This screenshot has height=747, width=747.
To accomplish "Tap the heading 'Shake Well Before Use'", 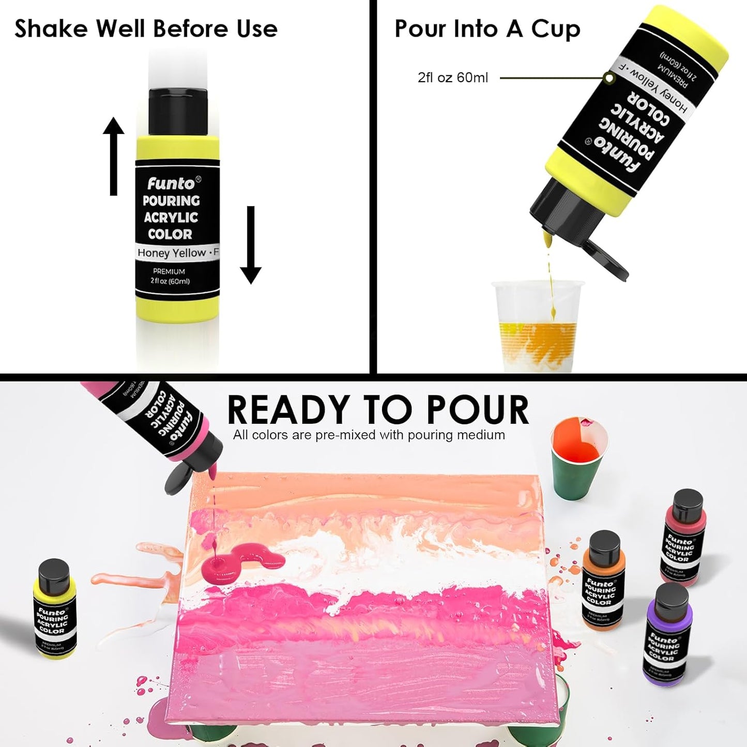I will [146, 28].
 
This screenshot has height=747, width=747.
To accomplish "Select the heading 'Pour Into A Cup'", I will [487, 29].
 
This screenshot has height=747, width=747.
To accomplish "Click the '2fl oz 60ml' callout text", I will [452, 78].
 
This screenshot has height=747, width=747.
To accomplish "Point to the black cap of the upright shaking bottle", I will [178, 111].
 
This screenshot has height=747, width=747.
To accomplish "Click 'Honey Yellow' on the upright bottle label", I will [172, 253].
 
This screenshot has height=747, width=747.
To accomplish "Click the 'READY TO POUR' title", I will [378, 410].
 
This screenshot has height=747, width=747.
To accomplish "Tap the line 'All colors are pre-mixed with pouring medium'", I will [369, 435].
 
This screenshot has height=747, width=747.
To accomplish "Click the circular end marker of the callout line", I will [609, 78].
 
